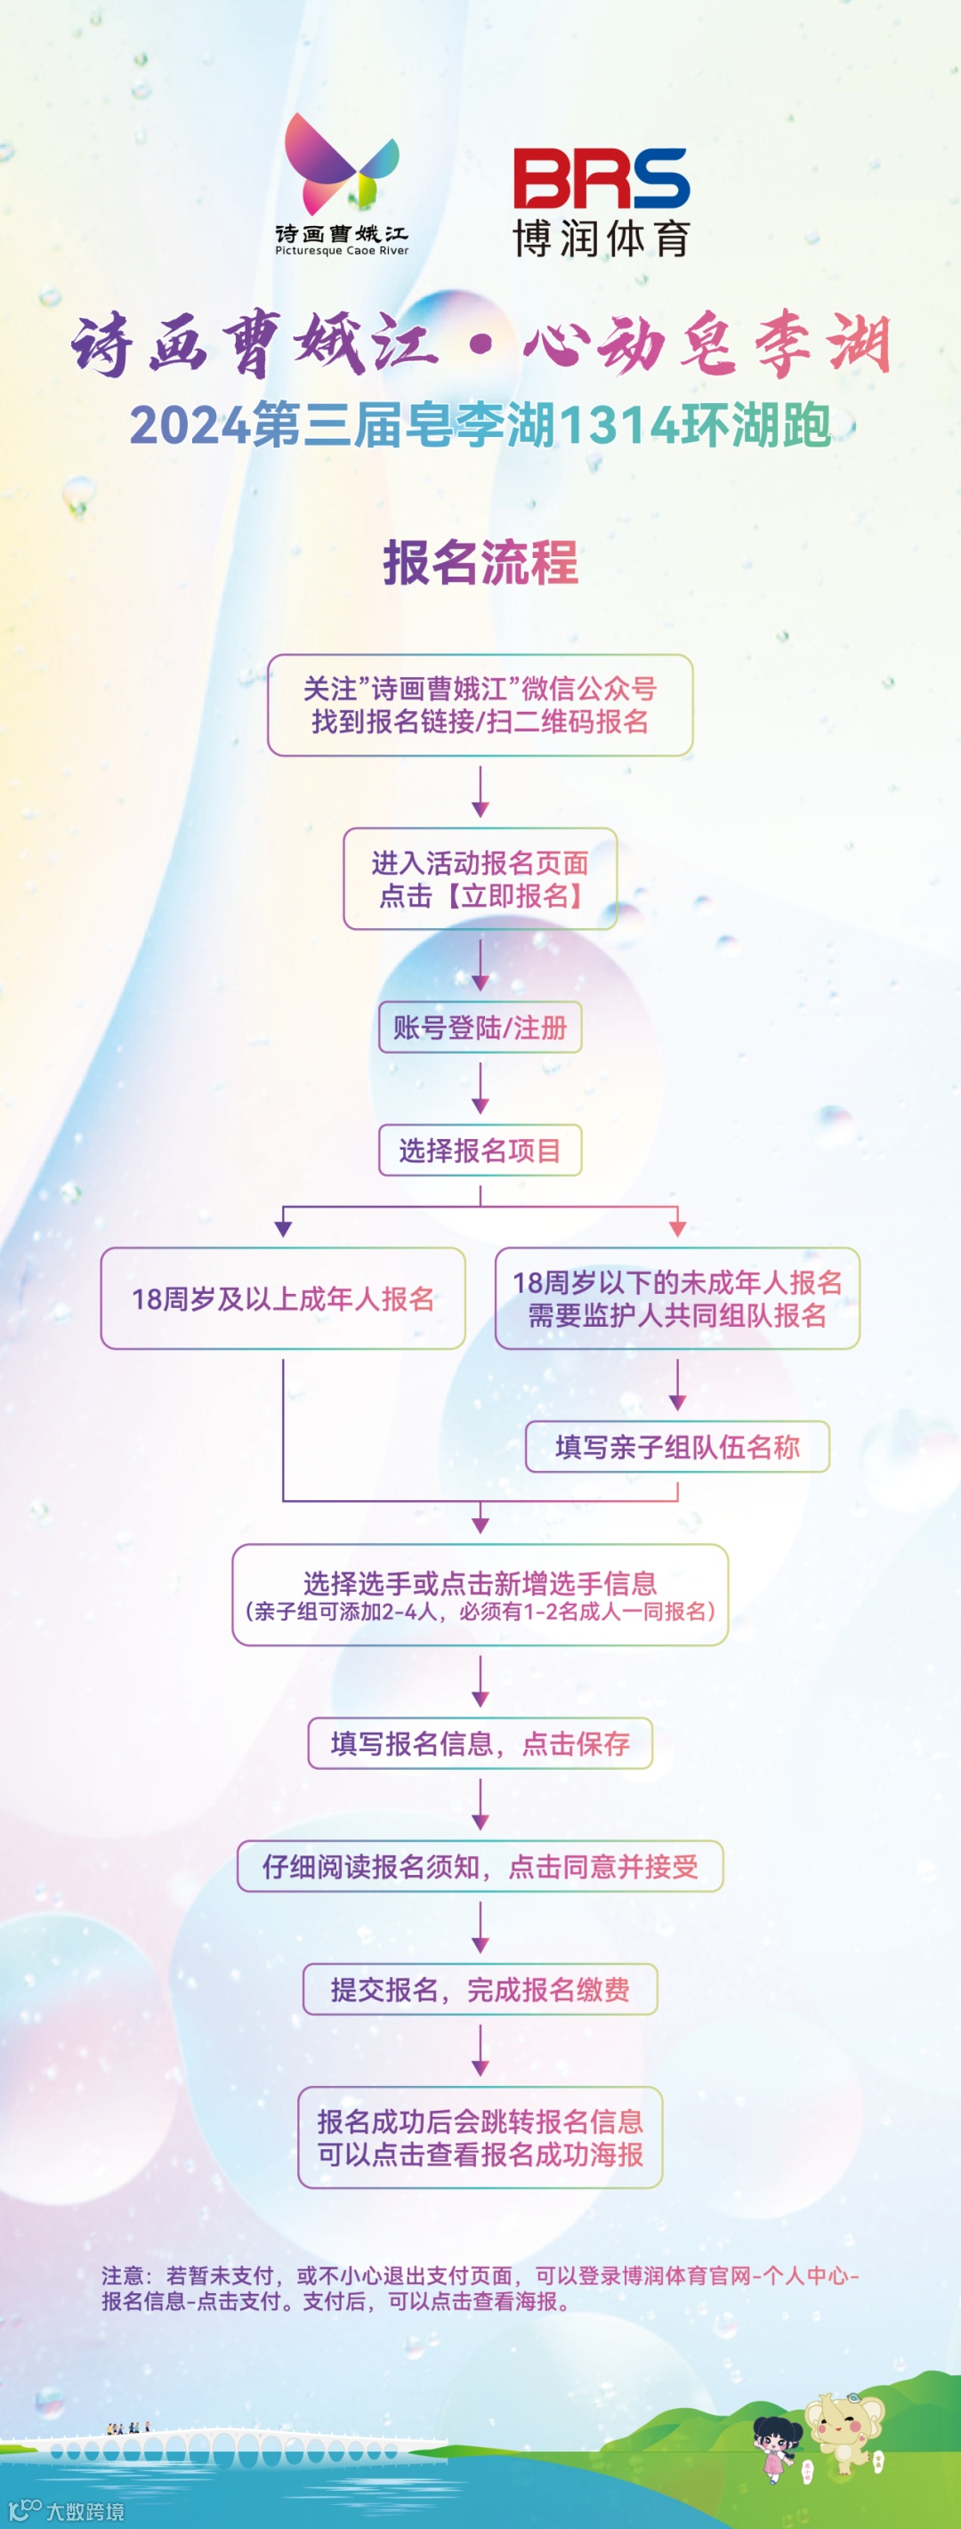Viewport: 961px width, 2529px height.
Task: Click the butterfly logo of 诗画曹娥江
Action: click(x=341, y=165)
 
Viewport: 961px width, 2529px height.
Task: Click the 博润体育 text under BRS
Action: click(x=601, y=238)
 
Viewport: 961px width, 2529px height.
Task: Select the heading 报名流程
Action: click(x=480, y=562)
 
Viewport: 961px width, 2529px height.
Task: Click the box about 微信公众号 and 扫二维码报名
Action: click(x=480, y=705)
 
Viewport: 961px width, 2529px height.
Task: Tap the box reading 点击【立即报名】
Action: click(x=480, y=878)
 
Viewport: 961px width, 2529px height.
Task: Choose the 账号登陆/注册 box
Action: click(x=480, y=1027)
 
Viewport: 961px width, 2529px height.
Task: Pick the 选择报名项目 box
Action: click(x=480, y=1150)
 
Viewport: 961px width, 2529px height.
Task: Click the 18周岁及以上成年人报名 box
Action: click(x=283, y=1298)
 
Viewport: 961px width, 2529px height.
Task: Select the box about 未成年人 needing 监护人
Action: click(x=677, y=1298)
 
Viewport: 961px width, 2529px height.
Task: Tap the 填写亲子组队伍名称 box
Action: click(x=677, y=1446)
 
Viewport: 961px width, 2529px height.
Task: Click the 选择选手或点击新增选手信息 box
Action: click(x=480, y=1595)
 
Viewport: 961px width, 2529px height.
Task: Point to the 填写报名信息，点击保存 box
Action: click(x=480, y=1742)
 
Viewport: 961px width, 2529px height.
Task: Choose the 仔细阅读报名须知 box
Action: click(x=480, y=1865)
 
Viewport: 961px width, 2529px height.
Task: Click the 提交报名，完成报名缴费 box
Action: click(x=480, y=1989)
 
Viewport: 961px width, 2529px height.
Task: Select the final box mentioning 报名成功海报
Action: click(x=480, y=2137)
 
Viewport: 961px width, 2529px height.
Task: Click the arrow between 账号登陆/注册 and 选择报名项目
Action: click(x=480, y=1087)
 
